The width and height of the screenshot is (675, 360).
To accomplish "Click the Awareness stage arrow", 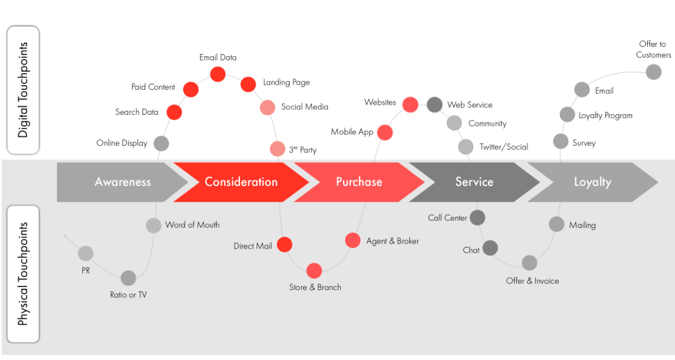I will pos(122,182).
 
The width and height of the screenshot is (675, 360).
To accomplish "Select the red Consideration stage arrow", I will pos(240,182).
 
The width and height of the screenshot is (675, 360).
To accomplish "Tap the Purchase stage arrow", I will pos(359,182).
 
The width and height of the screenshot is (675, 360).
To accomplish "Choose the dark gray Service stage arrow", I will pos(474,182).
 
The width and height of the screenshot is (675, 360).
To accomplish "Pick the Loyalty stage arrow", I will pos(592,182).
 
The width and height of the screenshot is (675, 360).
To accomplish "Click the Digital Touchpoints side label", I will pos(23,90).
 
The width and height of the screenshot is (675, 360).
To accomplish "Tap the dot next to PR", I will pos(86,253).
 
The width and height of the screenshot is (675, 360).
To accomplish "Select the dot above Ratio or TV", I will pos(129,278).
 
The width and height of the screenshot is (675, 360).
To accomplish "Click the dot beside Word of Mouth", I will pos(154,225).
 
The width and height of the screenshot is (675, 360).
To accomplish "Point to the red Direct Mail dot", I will pos(284,245).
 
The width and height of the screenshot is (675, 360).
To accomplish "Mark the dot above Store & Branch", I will pos(314,271).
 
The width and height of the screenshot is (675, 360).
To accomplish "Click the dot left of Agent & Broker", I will pos(353,240).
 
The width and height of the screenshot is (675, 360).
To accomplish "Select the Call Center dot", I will pos(477,217).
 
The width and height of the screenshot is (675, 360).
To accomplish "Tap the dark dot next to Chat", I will pos(490,248).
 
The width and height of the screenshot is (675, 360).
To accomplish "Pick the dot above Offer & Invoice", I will pos(530,263).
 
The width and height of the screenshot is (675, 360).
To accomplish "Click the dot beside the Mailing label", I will pos(556,224).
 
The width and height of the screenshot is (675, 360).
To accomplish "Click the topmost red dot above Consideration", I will pos(218,74).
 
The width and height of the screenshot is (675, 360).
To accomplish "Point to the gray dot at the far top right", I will pos(654,72).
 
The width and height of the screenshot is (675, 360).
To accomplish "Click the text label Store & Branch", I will pos(315,287).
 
